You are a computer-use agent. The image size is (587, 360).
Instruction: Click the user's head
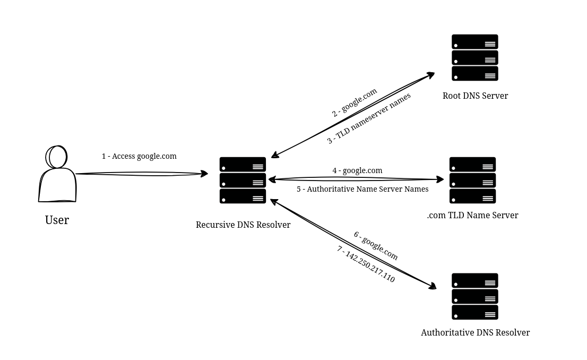click(57, 157)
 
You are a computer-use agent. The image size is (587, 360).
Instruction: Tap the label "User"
click(57, 220)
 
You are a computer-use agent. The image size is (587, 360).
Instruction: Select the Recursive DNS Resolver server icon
click(243, 180)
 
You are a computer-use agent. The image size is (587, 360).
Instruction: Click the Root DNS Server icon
click(474, 57)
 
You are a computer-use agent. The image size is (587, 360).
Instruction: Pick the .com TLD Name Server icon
click(472, 180)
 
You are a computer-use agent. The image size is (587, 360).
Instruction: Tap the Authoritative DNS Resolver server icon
click(474, 296)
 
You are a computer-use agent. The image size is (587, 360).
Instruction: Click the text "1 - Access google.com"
click(139, 156)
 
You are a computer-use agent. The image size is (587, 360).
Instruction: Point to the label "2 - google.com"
click(354, 102)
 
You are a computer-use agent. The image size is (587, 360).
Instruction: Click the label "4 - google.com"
click(357, 170)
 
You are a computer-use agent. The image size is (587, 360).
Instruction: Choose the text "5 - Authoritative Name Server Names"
click(362, 189)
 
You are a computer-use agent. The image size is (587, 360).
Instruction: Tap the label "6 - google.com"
click(376, 246)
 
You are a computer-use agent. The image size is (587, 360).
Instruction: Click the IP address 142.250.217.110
click(370, 266)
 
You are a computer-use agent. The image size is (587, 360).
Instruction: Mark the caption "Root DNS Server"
click(475, 96)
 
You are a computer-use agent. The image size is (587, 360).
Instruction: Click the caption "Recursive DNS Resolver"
click(243, 225)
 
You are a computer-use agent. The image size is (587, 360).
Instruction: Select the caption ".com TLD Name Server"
click(472, 215)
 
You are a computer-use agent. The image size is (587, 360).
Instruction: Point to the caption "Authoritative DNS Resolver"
click(475, 332)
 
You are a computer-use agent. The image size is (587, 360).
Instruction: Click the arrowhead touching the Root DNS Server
click(430, 75)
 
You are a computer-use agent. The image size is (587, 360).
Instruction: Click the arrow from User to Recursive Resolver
click(141, 174)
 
